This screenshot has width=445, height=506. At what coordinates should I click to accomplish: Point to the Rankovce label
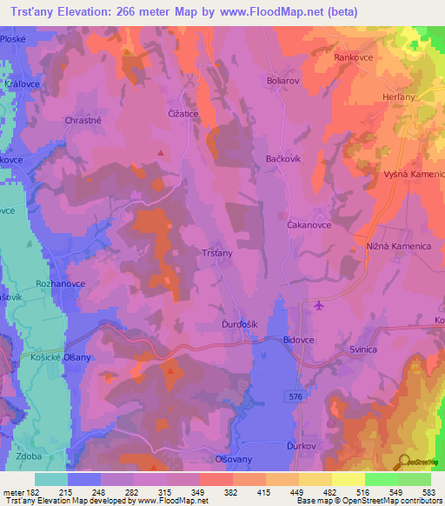[x=354, y=57]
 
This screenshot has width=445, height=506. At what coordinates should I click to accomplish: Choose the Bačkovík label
[x=284, y=160]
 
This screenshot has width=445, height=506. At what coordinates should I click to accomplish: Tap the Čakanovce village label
[x=309, y=223]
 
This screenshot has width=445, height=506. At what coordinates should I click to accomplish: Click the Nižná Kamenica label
[x=400, y=246]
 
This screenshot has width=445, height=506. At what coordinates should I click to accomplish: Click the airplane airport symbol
[x=318, y=304]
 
